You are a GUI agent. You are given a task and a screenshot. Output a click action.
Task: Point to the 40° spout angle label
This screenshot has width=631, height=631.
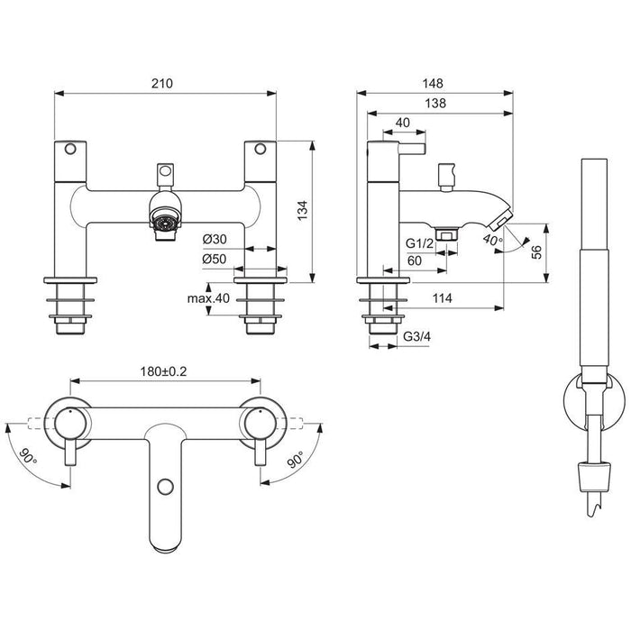491,241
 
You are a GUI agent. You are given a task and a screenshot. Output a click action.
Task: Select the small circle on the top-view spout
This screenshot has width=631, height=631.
163,486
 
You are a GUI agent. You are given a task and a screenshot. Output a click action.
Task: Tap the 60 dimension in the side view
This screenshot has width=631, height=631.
415,261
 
